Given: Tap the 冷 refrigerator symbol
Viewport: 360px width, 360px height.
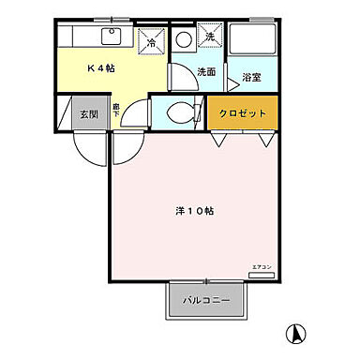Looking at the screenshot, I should (151, 42).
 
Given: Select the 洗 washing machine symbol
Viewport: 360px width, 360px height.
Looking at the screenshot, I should (210, 37).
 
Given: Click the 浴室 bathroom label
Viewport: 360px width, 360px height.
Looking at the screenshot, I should (250, 78).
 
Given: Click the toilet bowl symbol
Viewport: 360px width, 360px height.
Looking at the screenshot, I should (179, 113).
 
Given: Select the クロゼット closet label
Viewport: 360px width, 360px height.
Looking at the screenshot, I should (243, 112).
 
